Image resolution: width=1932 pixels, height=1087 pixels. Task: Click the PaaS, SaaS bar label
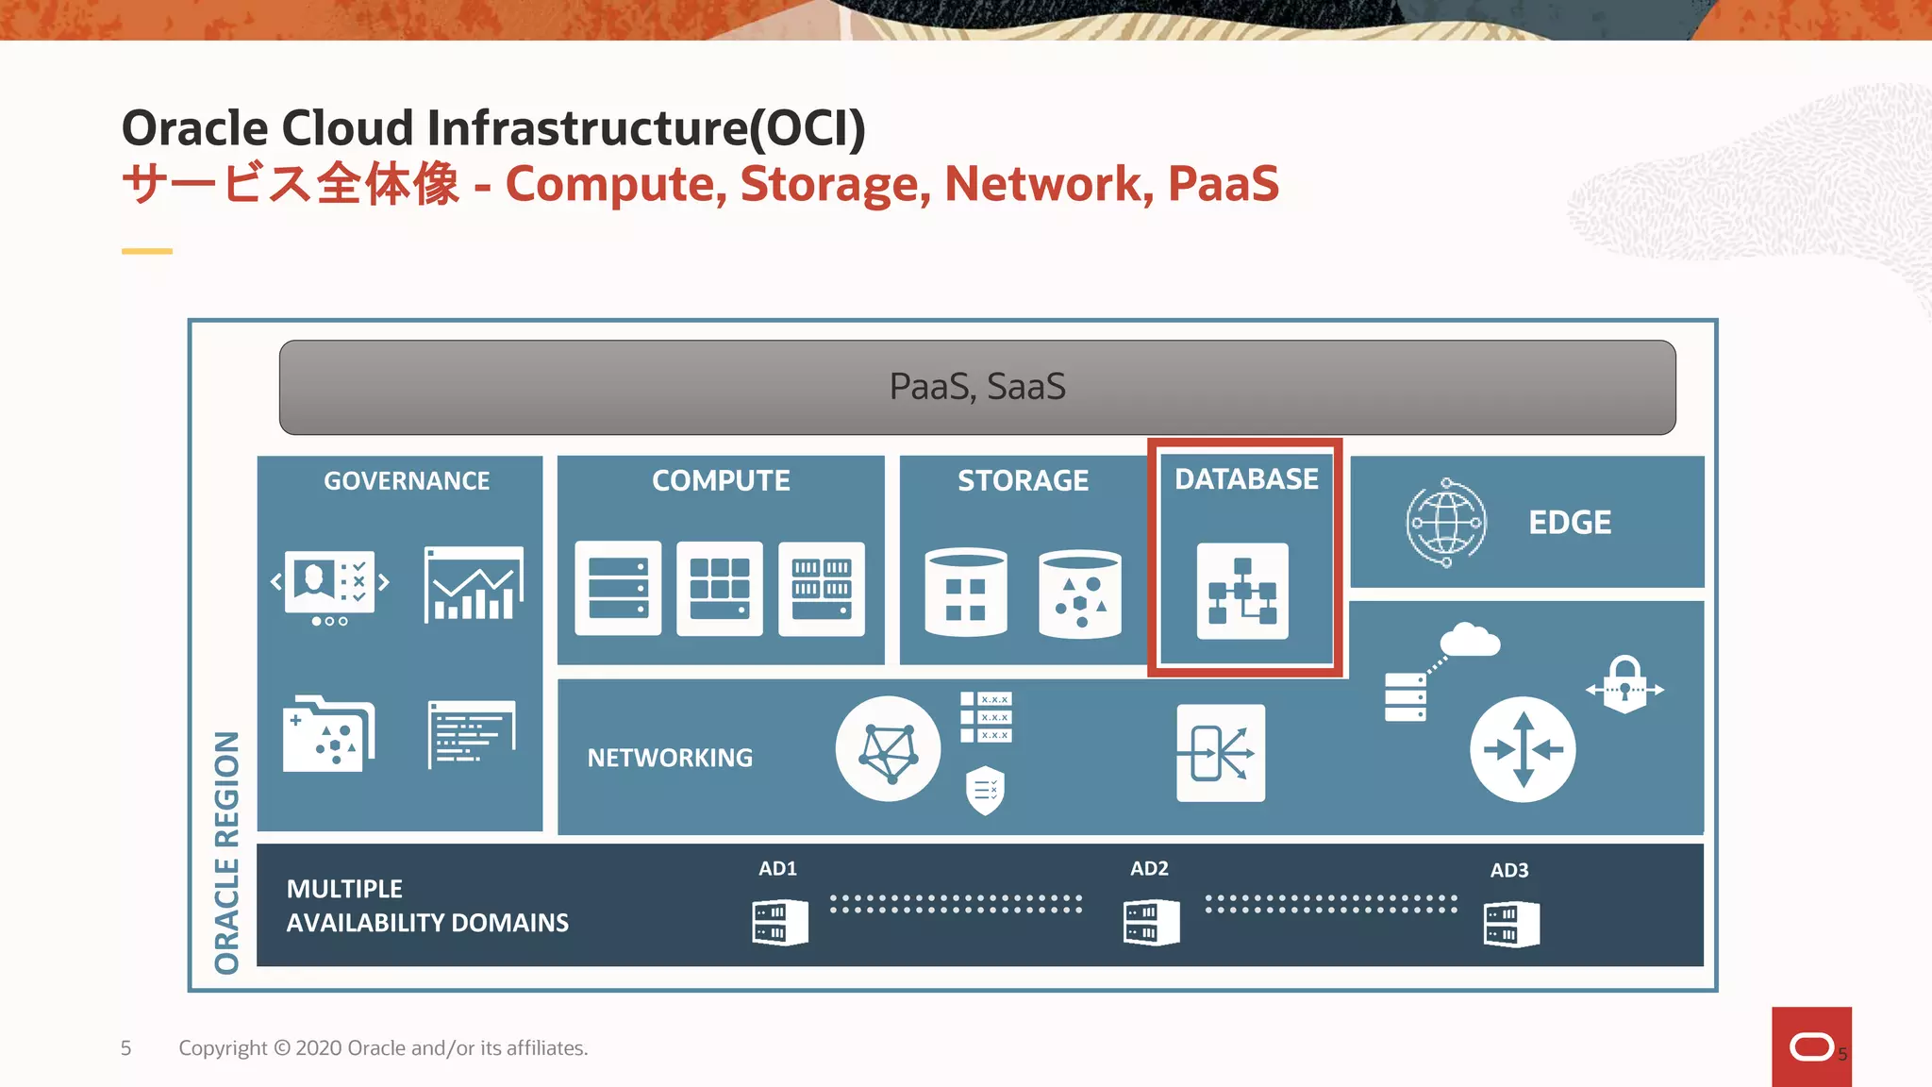[977, 387]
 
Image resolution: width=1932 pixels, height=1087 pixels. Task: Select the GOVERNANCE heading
[407, 481]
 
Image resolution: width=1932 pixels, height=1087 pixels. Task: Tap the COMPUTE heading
[721, 481]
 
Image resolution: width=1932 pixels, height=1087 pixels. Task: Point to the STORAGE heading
[1023, 481]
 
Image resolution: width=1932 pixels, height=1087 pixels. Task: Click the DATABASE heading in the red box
[1246, 479]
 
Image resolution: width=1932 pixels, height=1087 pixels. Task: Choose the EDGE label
[1570, 523]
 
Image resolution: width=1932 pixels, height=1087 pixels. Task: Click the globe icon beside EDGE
[1445, 523]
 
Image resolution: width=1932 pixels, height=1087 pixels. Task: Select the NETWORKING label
[670, 758]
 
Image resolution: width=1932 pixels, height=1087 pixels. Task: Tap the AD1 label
[777, 868]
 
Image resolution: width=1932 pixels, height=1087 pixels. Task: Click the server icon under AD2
[1151, 922]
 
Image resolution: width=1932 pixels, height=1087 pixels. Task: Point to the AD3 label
[1509, 870]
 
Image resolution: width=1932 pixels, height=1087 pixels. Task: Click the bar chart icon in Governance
[474, 585]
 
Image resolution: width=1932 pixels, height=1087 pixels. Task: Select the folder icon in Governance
[328, 734]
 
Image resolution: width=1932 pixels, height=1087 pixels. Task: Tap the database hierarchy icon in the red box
[1242, 592]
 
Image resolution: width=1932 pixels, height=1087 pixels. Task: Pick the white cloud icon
[1469, 640]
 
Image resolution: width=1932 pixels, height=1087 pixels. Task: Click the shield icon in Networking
[985, 789]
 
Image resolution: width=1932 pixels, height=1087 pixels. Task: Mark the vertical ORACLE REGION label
[227, 852]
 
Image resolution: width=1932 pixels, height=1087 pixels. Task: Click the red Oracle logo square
[1810, 1046]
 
